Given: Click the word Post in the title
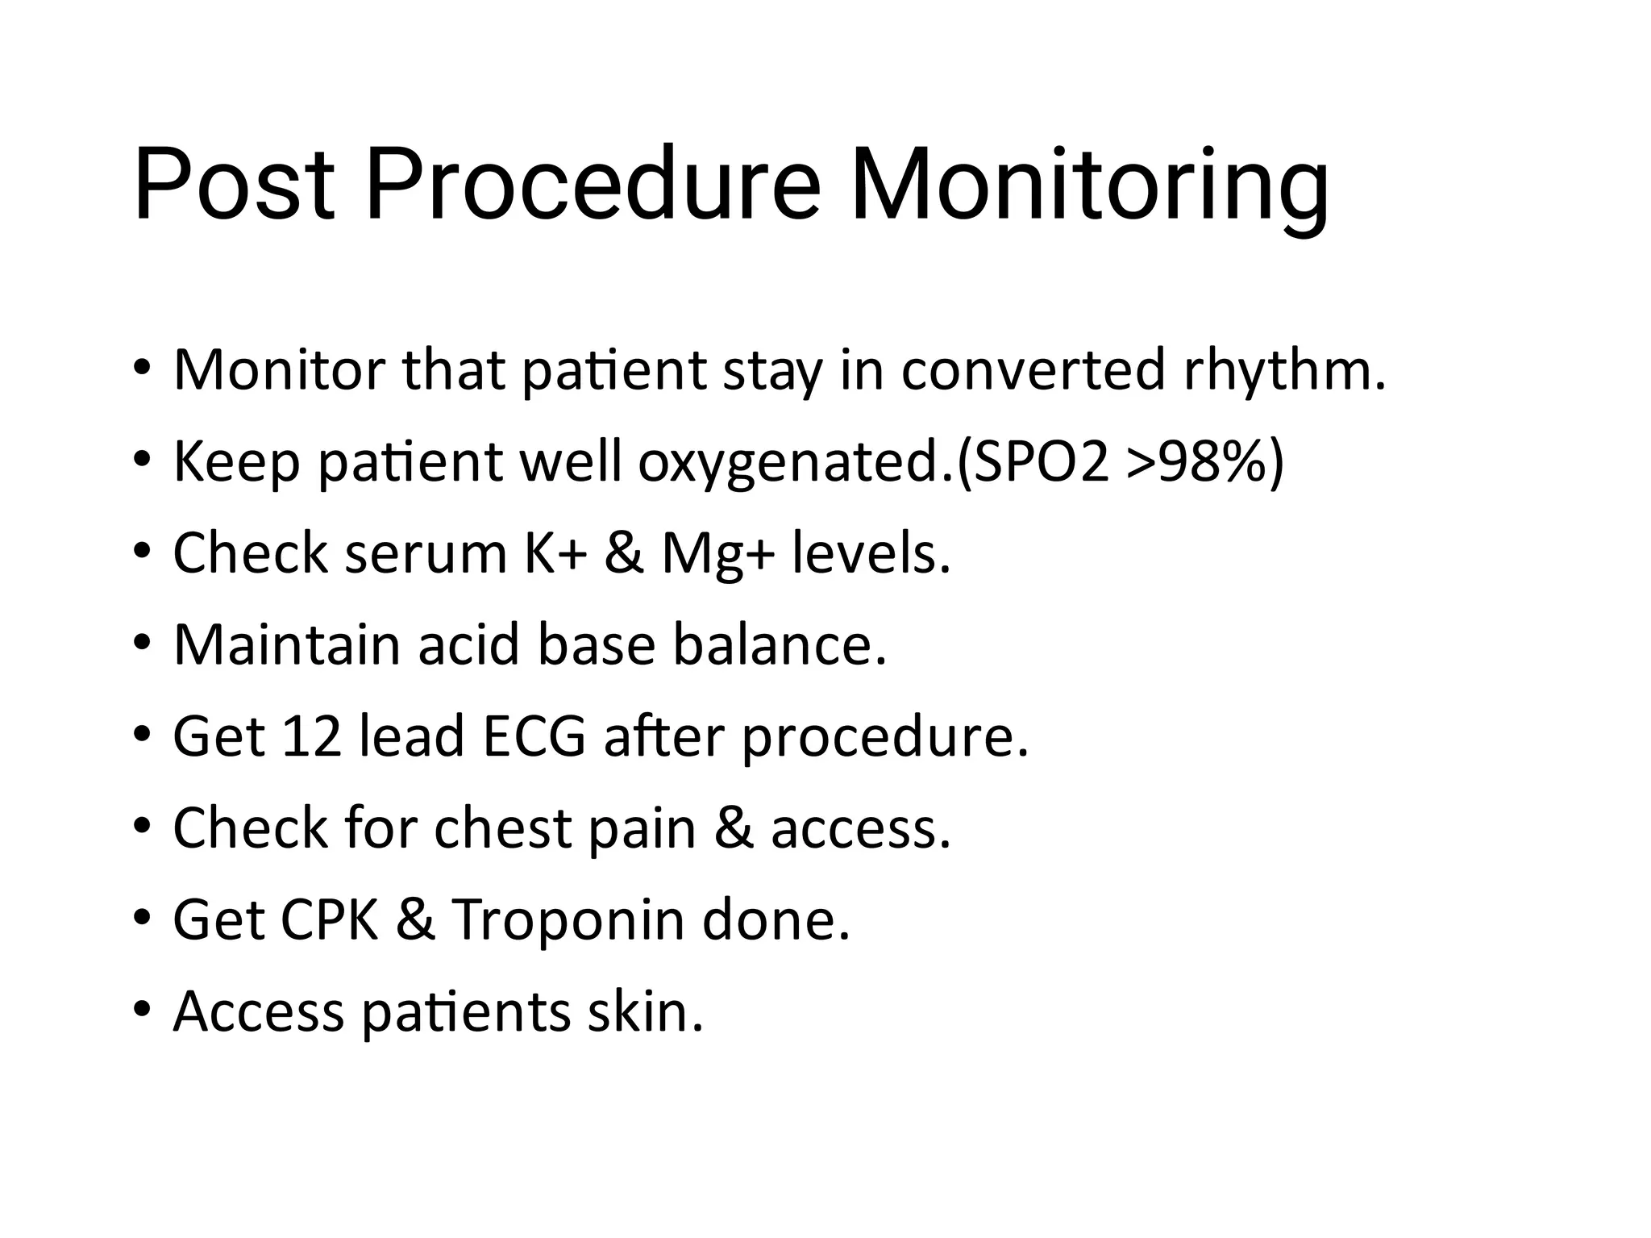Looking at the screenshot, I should click(234, 184).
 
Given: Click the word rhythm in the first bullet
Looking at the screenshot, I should click(1283, 371).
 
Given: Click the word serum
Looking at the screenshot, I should click(426, 555).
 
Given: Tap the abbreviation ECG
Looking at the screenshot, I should click(534, 736).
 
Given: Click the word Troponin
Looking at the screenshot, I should click(568, 921).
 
